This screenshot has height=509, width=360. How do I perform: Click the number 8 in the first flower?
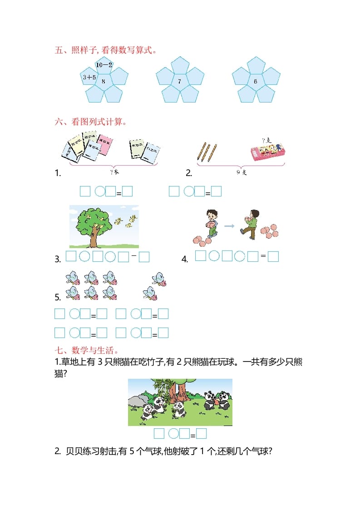pos(104,81)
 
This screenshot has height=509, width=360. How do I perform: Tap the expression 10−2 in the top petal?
pos(104,65)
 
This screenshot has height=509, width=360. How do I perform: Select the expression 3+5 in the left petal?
pos(89,77)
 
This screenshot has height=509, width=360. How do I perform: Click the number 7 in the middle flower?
pos(179,81)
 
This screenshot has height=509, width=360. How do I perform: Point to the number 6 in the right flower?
pos(255,81)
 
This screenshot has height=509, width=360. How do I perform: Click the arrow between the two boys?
pos(230,225)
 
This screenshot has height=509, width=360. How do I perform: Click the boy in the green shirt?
pos(250,222)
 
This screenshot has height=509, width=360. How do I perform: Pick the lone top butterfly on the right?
pos(158,279)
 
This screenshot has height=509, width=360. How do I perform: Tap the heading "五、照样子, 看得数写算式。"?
pos(106,50)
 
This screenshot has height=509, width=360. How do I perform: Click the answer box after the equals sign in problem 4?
pos(273,257)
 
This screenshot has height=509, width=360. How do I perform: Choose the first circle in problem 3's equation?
pos(85,257)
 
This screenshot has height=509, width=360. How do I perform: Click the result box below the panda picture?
pos(201,434)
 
